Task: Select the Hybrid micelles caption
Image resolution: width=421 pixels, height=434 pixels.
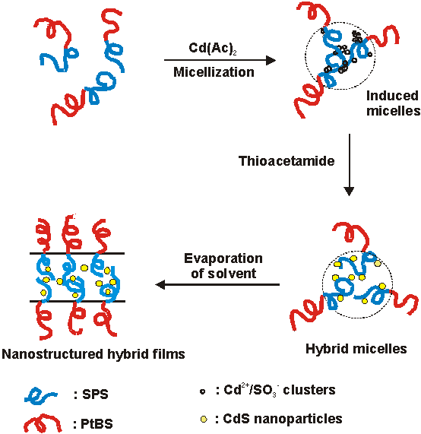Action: (x=356, y=349)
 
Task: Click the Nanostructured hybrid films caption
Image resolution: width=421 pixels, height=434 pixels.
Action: (x=93, y=353)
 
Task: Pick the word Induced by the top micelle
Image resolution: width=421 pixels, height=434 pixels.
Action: (x=392, y=96)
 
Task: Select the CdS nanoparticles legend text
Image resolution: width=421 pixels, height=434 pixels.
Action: (x=277, y=419)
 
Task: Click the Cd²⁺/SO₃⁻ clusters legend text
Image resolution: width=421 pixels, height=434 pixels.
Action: (x=275, y=391)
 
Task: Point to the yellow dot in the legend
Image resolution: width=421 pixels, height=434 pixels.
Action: (x=202, y=419)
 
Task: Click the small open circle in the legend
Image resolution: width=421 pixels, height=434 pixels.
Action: (x=202, y=391)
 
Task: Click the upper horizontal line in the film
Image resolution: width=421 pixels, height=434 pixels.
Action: (x=76, y=253)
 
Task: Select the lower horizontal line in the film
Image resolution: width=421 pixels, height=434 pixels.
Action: (x=76, y=301)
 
